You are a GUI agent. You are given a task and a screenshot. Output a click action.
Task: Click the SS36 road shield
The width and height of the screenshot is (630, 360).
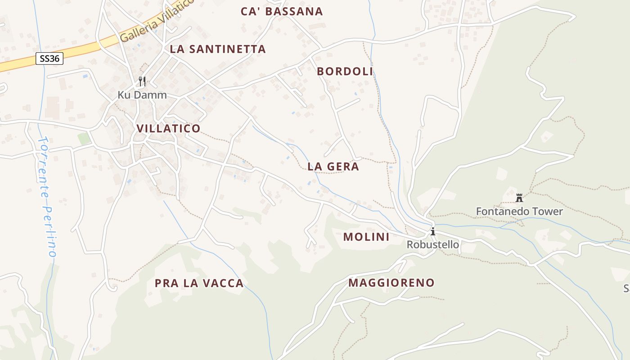(49, 58)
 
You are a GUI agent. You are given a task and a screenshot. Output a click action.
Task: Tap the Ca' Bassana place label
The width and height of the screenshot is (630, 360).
(282, 12)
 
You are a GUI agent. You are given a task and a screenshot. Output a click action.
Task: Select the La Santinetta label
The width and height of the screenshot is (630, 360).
(218, 49)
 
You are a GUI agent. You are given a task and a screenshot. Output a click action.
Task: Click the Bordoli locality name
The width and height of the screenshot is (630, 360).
(345, 72)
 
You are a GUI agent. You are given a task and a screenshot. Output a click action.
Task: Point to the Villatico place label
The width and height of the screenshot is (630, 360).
(168, 129)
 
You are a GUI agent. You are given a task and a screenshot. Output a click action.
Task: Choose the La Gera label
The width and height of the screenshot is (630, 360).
(333, 166)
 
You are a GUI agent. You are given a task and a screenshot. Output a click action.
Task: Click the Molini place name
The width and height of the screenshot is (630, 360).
(366, 237)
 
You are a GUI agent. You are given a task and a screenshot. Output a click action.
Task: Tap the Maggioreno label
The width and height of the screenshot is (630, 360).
(391, 283)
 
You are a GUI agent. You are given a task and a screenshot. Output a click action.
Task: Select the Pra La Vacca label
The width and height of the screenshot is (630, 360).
(199, 283)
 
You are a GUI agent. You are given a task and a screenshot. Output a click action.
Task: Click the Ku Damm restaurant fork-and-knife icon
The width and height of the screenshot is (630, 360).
(142, 81)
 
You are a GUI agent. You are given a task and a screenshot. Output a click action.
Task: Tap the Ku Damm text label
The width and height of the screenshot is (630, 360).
(142, 95)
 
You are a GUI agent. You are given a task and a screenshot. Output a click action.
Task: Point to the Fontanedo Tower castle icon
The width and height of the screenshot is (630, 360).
(519, 198)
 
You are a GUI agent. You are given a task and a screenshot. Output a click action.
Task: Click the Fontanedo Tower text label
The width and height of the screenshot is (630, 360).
(519, 211)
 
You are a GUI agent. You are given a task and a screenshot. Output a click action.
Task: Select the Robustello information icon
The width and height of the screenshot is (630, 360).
(433, 232)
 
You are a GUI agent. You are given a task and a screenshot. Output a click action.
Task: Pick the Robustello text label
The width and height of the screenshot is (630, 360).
(433, 245)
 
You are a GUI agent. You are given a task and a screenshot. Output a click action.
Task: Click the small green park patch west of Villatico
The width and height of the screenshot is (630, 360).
(84, 138)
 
